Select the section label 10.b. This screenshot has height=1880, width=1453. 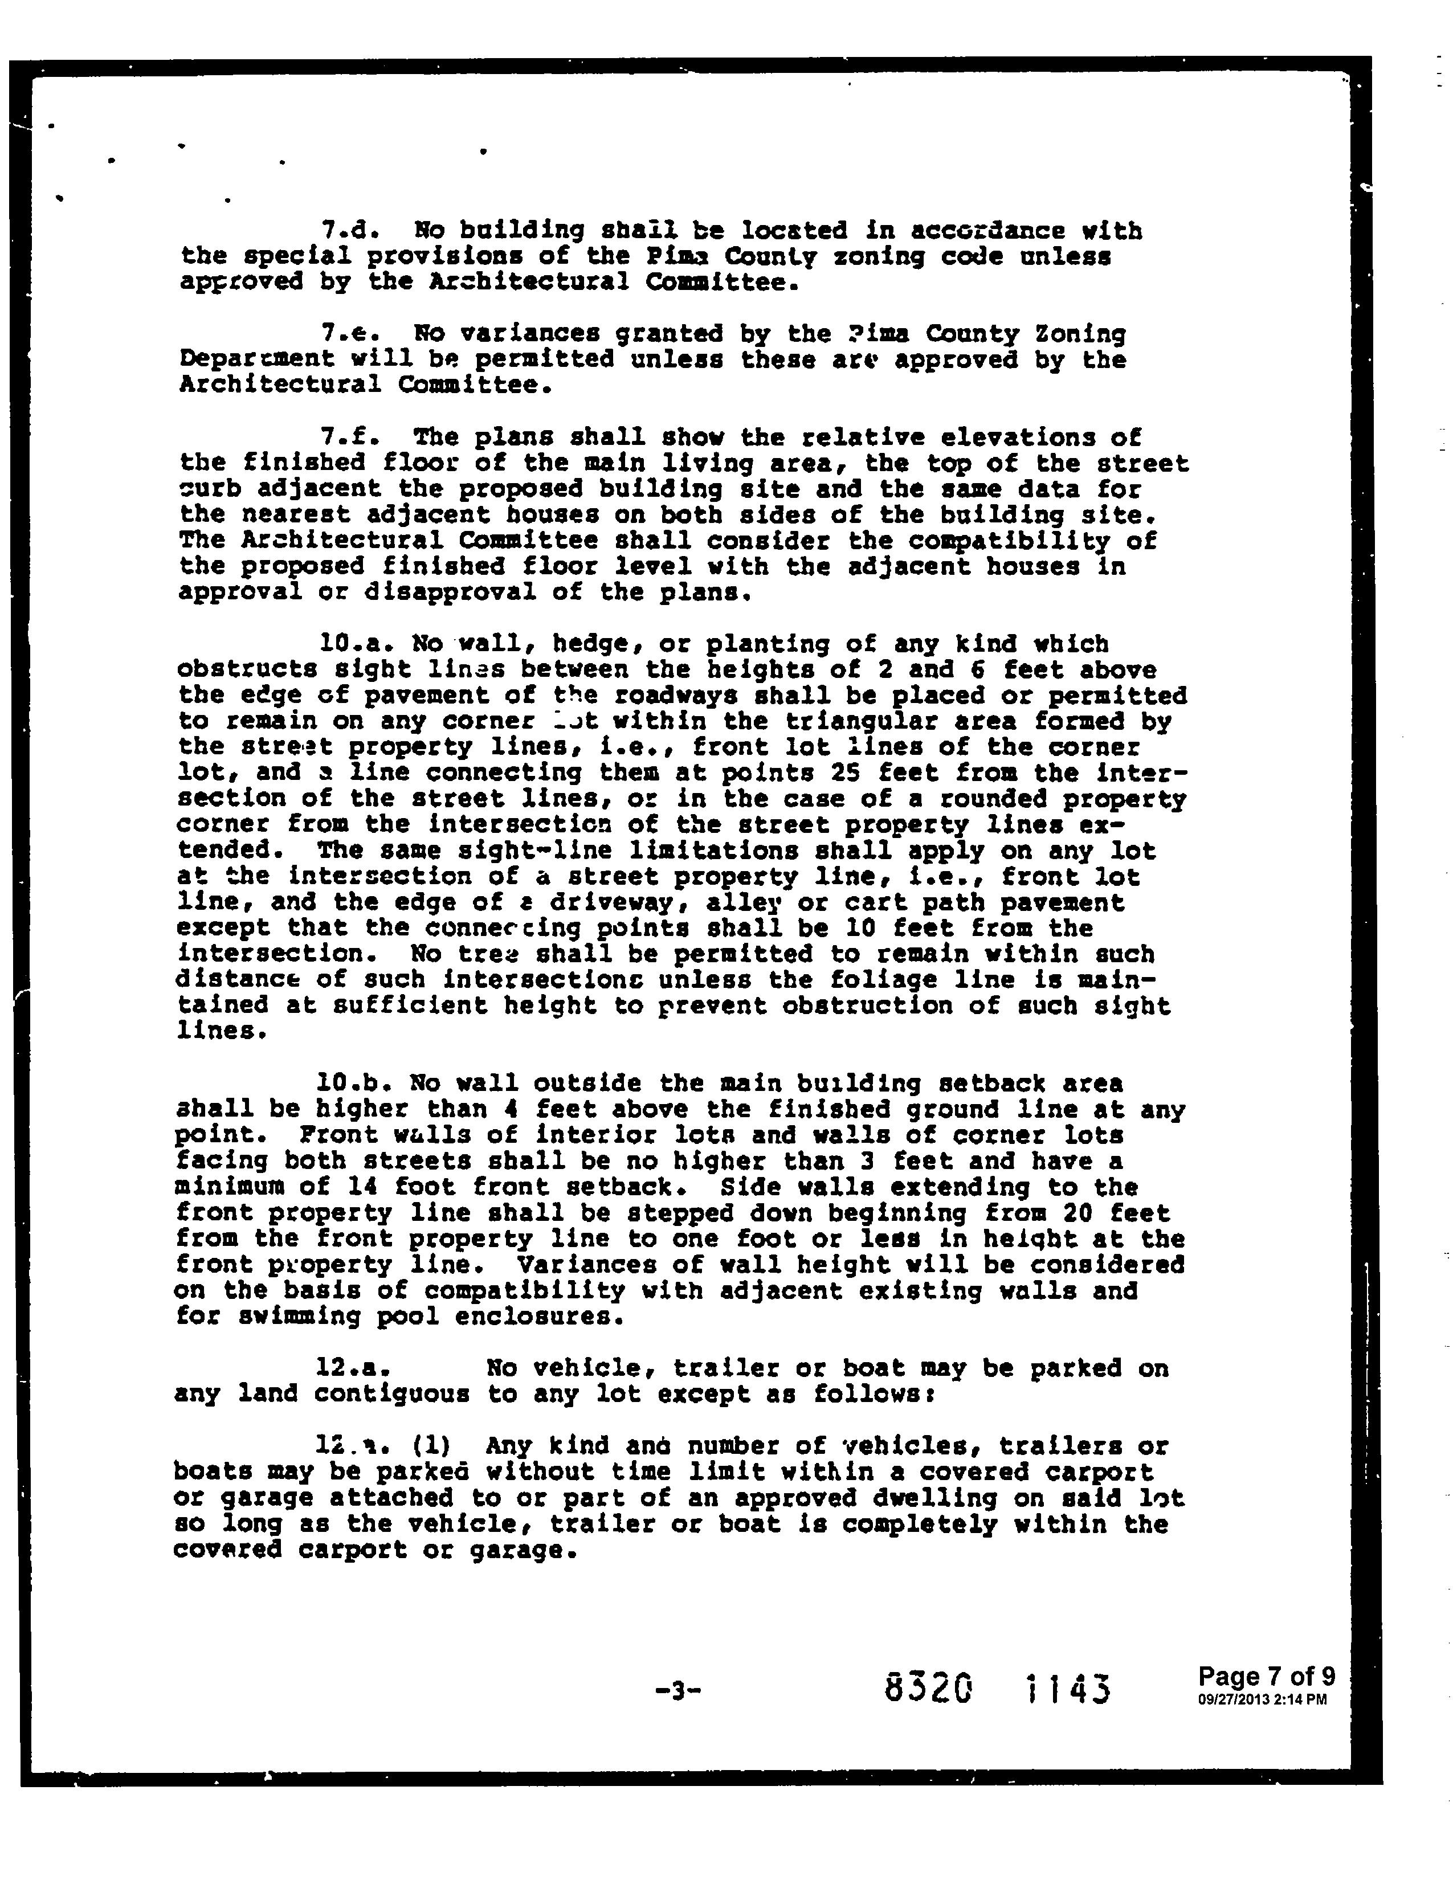click(348, 1083)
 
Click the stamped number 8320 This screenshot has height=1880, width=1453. click(928, 1689)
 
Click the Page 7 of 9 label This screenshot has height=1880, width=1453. click(1266, 1676)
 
